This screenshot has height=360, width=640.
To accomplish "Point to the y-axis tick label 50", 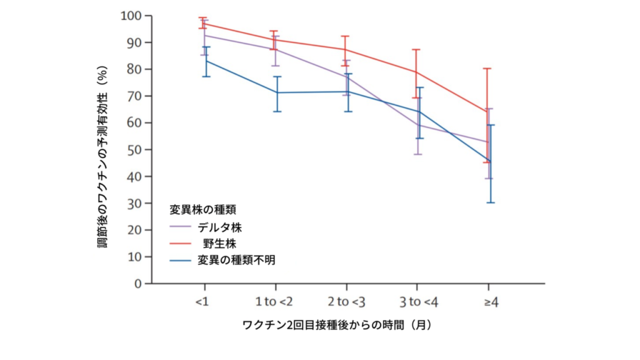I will (x=134, y=149).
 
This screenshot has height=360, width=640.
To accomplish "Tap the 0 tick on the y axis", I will (x=138, y=283).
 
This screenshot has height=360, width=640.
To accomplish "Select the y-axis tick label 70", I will (x=134, y=96).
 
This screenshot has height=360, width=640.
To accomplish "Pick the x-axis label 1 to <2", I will (x=274, y=302).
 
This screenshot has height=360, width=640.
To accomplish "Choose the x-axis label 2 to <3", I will (x=347, y=302).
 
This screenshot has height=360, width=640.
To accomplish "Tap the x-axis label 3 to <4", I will (x=419, y=302).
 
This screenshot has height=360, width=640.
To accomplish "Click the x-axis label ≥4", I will (x=491, y=302).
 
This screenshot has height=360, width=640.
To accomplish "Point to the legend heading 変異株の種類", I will (x=202, y=209).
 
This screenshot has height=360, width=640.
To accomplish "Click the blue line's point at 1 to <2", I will (x=276, y=92).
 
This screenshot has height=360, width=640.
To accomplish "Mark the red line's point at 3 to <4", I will (x=417, y=72).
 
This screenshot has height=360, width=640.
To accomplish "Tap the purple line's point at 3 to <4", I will (x=418, y=125).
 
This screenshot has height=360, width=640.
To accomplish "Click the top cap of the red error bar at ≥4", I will (x=487, y=68).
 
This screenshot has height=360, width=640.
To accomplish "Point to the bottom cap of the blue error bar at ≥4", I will (x=491, y=202).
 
